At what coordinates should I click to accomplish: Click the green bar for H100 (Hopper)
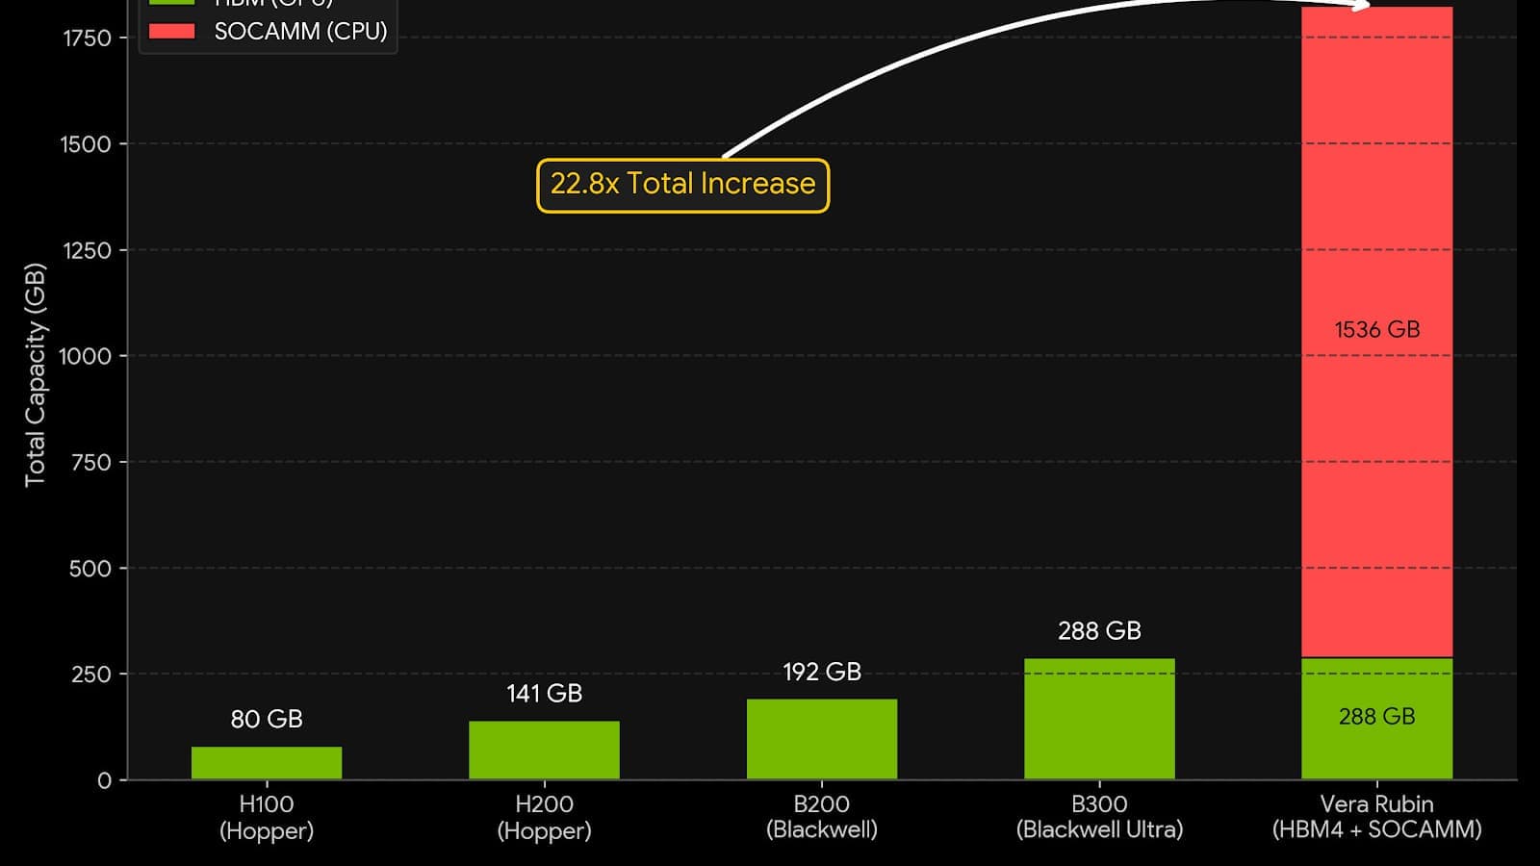coord(267,762)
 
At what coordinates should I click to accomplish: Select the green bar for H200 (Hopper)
coord(544,750)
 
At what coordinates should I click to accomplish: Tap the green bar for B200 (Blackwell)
coord(821,739)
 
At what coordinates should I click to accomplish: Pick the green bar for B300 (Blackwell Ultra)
coord(1099,719)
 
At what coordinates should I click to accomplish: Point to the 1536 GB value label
coord(1376,329)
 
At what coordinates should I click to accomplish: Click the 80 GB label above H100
coord(267,719)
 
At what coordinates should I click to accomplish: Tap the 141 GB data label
coord(544,693)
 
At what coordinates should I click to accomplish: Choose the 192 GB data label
coord(821,672)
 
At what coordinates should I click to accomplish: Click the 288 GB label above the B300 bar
coord(1099,630)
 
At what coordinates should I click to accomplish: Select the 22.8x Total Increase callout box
coord(682,185)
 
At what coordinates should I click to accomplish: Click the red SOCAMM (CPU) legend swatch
coord(171,31)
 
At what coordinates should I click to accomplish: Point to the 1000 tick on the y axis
coord(85,356)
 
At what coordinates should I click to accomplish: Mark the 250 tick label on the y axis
coord(91,674)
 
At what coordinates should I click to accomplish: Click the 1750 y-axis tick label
coord(87,38)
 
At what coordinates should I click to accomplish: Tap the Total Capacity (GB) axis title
coord(35,375)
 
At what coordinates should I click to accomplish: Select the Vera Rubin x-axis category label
coord(1376,816)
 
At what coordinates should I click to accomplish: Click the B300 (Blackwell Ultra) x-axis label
coord(1099,816)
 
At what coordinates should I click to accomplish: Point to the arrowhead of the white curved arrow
coord(1361,6)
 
